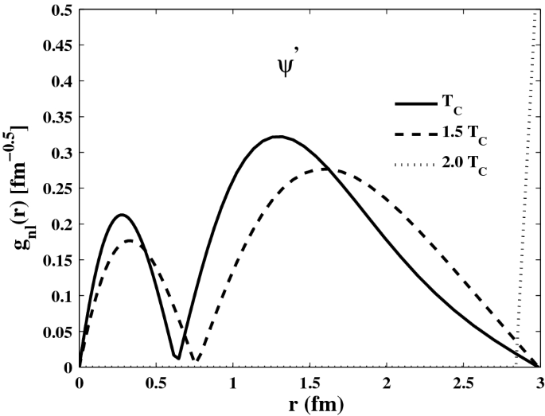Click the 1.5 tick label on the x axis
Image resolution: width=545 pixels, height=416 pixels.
(x=309, y=383)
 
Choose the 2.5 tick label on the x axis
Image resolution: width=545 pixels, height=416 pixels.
(x=463, y=383)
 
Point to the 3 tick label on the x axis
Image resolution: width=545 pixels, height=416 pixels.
(x=539, y=383)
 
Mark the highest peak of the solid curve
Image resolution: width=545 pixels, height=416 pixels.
(x=278, y=136)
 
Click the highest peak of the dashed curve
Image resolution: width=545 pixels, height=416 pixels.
(x=328, y=169)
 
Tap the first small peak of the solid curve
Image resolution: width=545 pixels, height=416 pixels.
(x=122, y=215)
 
